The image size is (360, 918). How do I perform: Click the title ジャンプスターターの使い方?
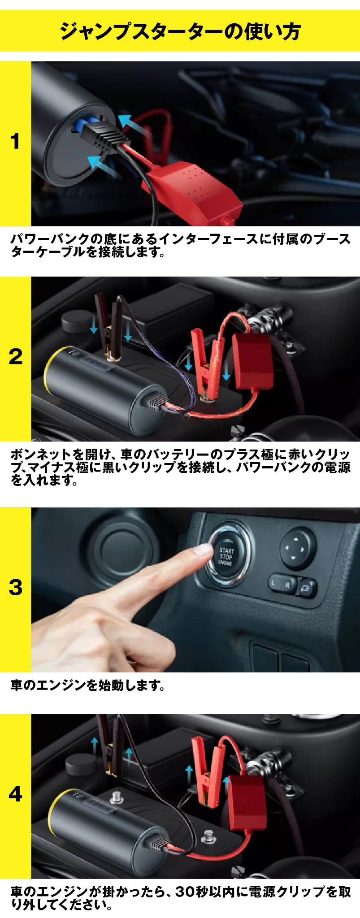click(x=180, y=31)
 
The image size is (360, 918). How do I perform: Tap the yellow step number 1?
click(x=15, y=142)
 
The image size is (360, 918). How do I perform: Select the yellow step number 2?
click(x=15, y=357)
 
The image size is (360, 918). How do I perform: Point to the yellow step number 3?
click(x=15, y=588)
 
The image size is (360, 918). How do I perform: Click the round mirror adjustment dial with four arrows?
click(x=297, y=548)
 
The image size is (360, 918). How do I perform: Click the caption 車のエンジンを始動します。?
click(x=88, y=685)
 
